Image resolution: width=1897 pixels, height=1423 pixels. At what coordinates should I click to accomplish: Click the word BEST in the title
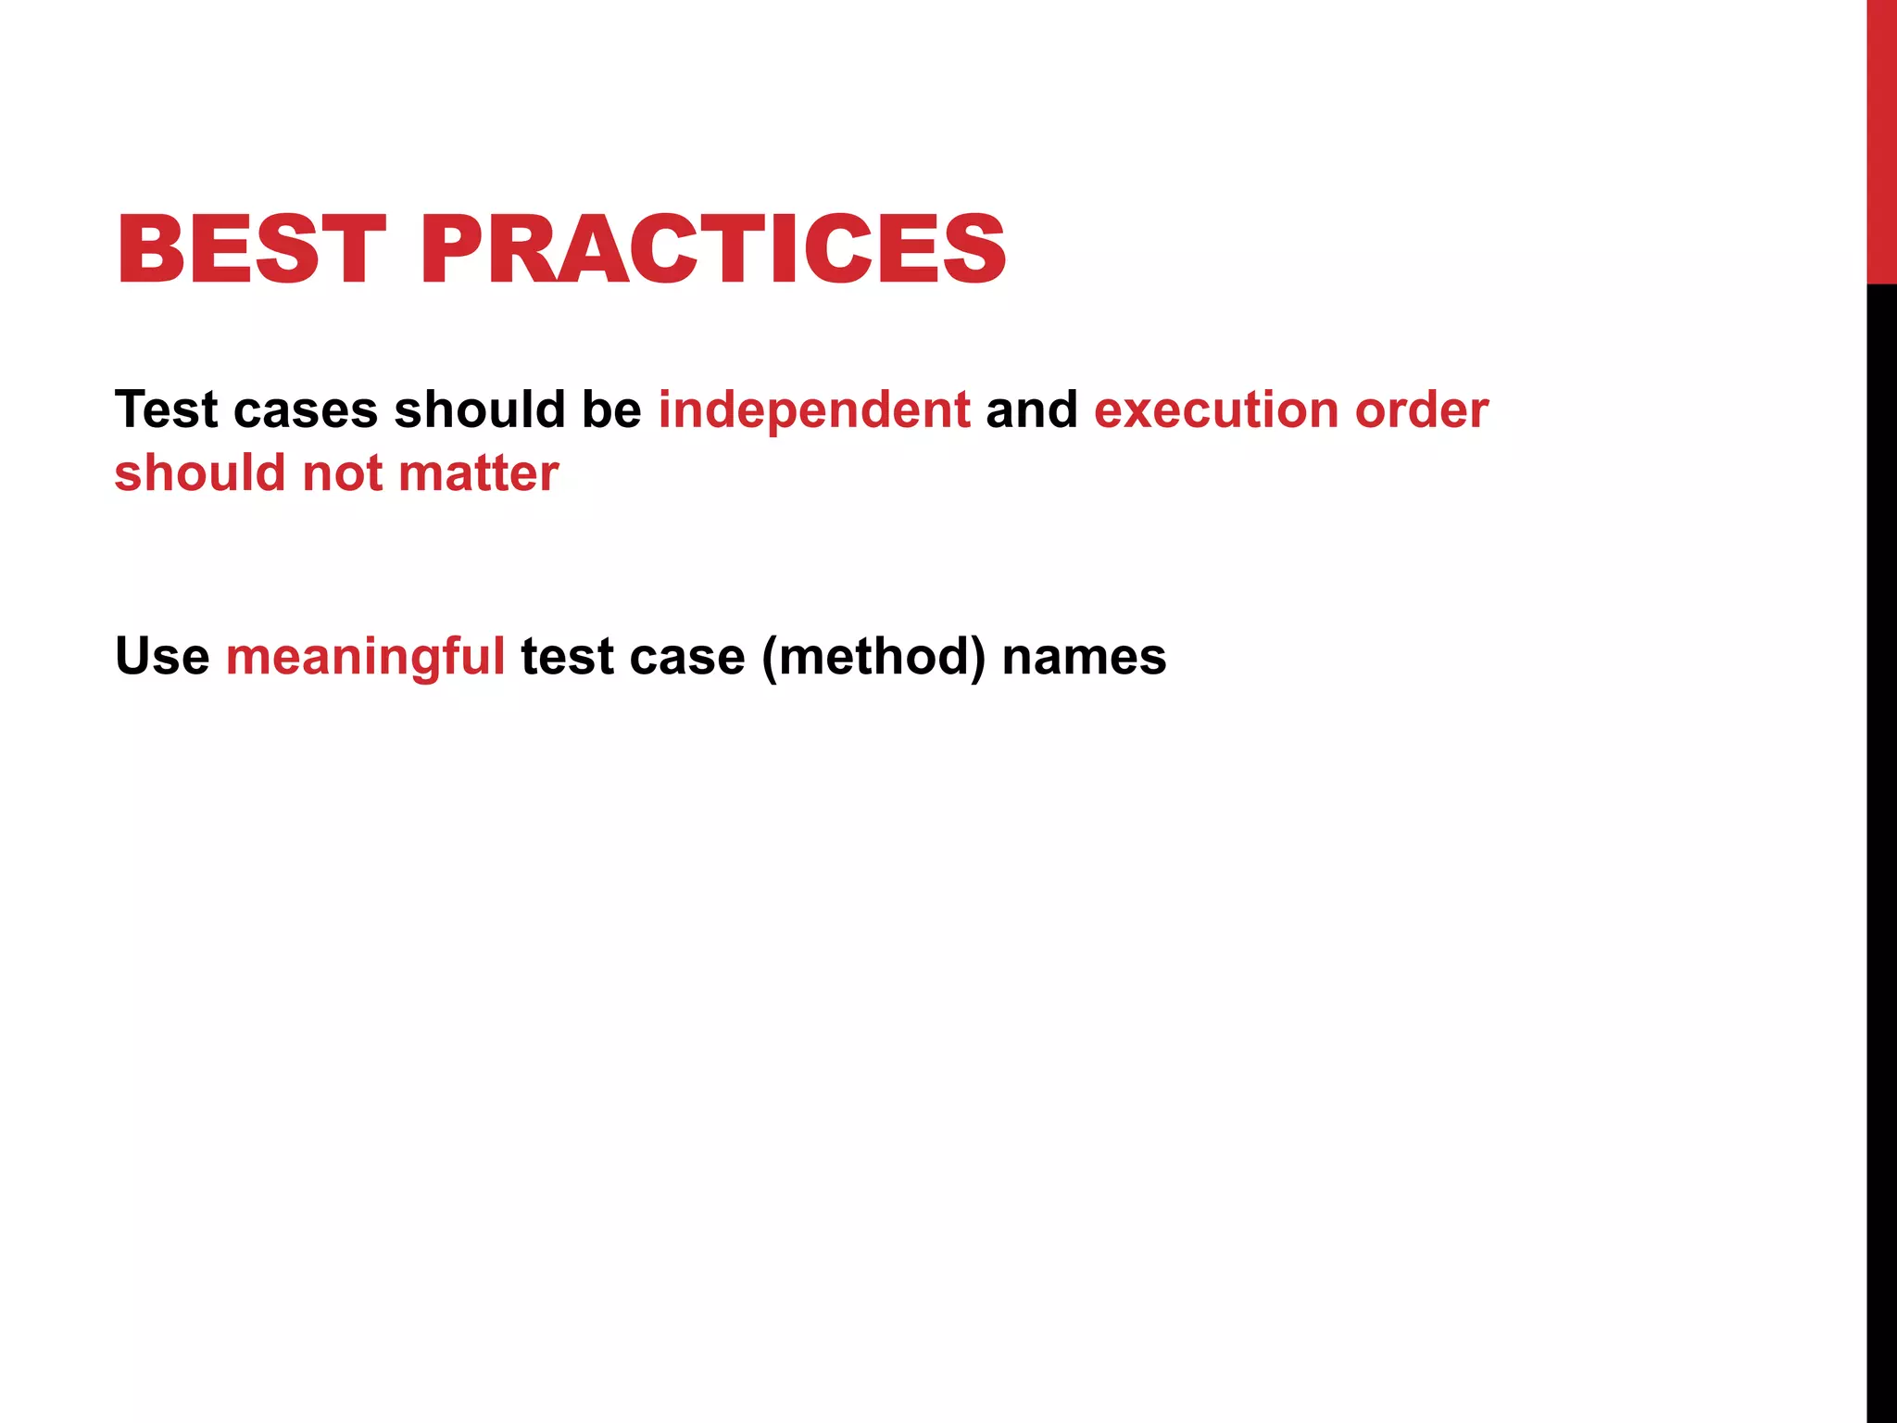(250, 249)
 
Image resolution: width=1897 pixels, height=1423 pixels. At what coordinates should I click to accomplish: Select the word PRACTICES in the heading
(713, 249)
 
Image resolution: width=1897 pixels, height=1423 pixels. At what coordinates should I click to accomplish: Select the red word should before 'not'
(200, 473)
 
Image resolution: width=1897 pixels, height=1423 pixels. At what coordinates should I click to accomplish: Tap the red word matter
(478, 473)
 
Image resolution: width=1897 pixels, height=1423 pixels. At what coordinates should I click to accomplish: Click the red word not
(342, 473)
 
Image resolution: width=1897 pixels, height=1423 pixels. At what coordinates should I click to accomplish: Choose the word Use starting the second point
(162, 657)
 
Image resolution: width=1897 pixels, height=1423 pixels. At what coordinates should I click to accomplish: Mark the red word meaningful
(365, 657)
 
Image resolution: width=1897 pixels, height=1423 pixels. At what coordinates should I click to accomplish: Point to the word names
(1084, 657)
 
